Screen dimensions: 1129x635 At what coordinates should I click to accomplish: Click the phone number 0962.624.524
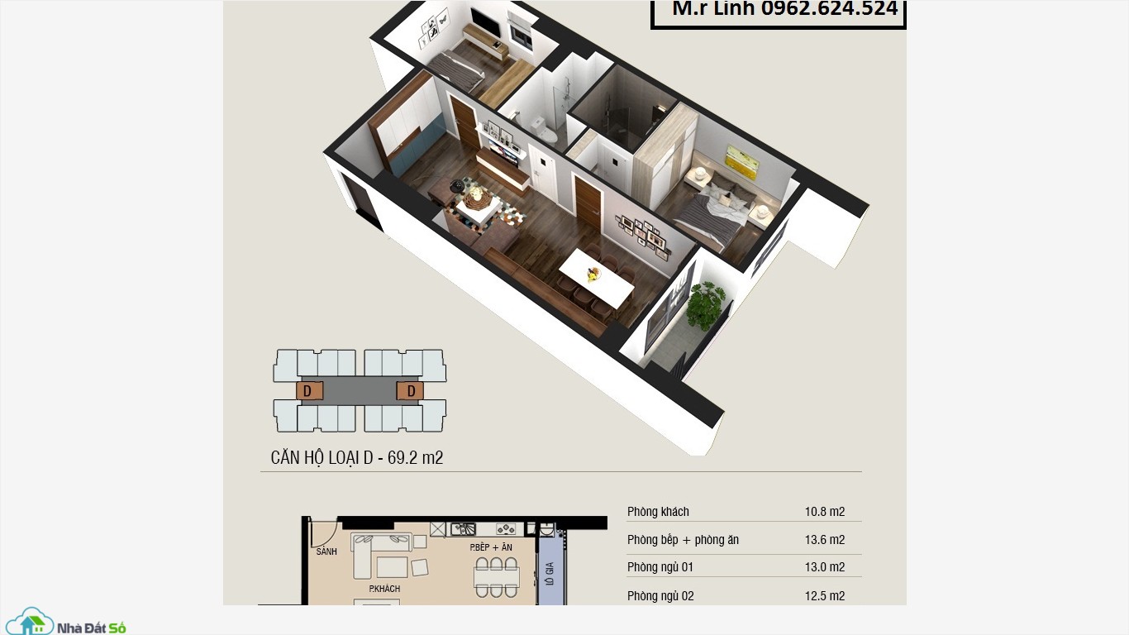point(830,8)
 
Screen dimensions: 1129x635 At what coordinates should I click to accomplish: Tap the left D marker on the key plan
point(307,391)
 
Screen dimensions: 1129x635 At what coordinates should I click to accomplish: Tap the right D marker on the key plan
point(411,391)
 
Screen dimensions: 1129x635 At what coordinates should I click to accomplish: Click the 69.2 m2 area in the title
point(415,457)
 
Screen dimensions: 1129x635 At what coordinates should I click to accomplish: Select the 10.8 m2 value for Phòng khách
point(825,512)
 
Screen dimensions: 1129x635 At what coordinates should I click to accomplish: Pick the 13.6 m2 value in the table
point(825,540)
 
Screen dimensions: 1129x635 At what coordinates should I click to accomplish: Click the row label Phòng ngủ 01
point(660,567)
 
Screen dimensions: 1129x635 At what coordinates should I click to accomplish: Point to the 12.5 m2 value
point(825,595)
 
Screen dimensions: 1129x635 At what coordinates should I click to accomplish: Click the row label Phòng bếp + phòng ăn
point(683,540)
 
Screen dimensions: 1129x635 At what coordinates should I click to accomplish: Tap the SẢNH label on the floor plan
point(326,551)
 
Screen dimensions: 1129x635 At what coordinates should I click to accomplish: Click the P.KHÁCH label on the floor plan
point(384,589)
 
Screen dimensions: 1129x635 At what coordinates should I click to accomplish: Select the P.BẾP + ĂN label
point(491,547)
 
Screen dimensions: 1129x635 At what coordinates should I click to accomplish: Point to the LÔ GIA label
point(550,574)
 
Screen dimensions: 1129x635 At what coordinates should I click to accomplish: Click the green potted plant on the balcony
point(706,303)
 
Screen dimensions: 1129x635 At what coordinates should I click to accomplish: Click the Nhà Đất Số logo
point(66,621)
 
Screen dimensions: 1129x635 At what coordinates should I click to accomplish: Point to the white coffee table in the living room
point(479,208)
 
